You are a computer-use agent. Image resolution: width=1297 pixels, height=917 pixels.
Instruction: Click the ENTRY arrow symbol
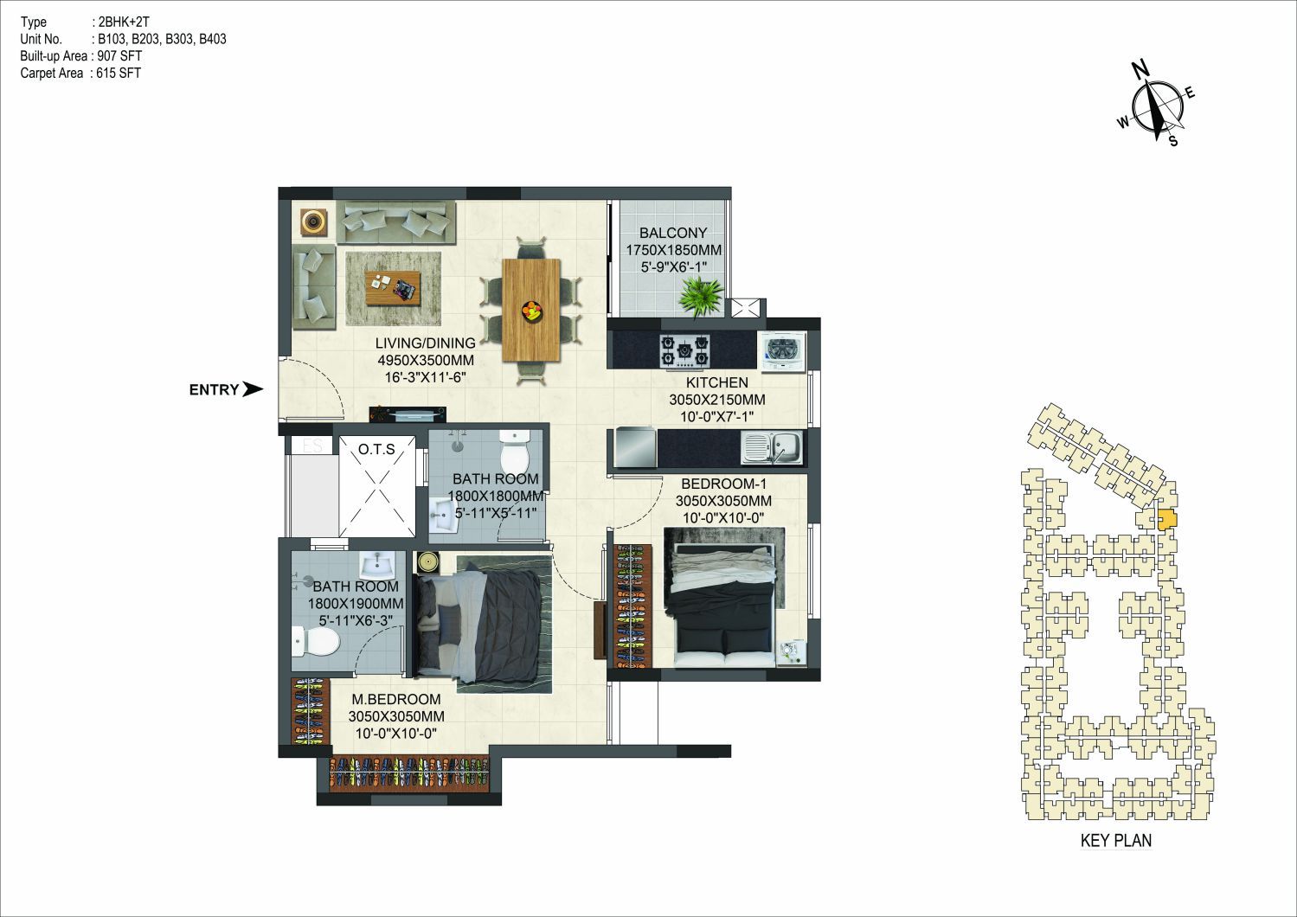252,389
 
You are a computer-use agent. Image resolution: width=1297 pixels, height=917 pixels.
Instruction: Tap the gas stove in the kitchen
685,351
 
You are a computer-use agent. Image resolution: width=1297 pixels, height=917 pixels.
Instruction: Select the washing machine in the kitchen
781,351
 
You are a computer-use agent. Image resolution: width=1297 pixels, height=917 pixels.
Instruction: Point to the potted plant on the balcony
701,298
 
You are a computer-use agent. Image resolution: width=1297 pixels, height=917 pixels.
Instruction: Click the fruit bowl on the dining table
532,311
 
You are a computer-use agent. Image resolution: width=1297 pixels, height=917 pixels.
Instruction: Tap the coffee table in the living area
393,287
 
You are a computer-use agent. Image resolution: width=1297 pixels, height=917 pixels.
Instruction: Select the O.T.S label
376,449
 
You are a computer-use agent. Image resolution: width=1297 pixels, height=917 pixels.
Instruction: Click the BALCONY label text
673,233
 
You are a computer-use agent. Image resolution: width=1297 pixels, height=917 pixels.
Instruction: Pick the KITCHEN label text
716,382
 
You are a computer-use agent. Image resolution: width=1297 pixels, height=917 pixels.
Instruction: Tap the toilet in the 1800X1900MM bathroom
315,641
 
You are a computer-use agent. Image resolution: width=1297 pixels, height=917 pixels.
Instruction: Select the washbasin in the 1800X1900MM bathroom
377,564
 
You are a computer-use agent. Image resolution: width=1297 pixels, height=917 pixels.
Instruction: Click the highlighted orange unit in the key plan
1166,518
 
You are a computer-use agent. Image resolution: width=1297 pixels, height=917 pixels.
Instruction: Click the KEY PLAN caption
1116,840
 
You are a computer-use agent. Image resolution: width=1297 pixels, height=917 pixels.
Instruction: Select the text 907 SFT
119,56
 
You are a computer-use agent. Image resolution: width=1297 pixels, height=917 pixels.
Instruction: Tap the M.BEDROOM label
396,699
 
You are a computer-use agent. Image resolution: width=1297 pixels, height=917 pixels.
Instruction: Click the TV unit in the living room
408,414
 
